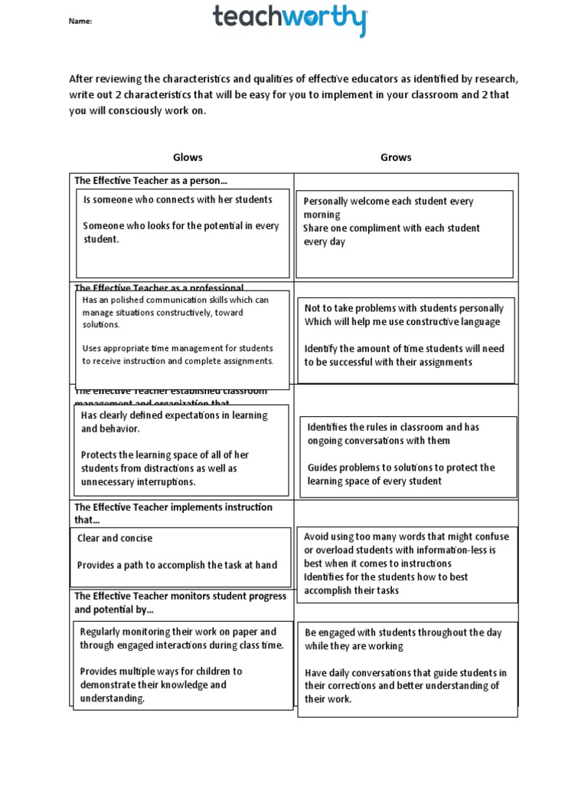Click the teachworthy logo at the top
point(290,20)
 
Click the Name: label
point(80,21)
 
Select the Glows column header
point(188,157)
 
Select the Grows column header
point(396,157)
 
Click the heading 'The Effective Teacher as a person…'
point(151,181)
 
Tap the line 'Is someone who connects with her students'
point(178,199)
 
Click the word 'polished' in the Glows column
point(127,301)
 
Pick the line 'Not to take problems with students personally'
point(403,308)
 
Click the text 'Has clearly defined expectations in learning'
point(175,415)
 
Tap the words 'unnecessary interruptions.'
point(139,482)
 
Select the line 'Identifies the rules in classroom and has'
point(394,427)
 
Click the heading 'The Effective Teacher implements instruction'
point(173,507)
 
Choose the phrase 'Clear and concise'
point(115,538)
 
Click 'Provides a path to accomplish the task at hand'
point(178,565)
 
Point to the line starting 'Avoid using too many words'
point(406,537)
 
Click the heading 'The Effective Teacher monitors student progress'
point(180,596)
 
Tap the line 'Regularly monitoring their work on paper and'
point(178,632)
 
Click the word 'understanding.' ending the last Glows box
point(113,698)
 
